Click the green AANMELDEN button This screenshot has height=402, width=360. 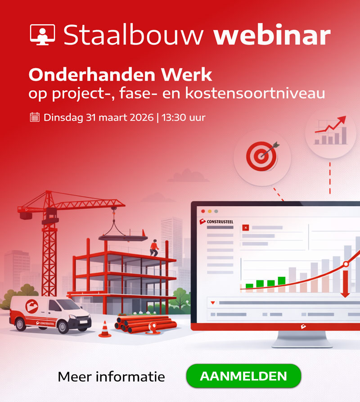click(243, 376)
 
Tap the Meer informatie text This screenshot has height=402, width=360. click(111, 376)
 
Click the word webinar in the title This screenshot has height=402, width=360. click(272, 35)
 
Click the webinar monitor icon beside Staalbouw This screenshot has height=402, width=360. click(43, 34)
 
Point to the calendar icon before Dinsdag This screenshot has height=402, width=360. click(35, 117)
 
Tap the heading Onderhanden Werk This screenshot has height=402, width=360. click(120, 74)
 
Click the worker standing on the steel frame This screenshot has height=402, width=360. click(154, 248)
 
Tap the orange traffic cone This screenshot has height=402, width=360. click(104, 329)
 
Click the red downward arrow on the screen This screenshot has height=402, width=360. click(345, 284)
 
